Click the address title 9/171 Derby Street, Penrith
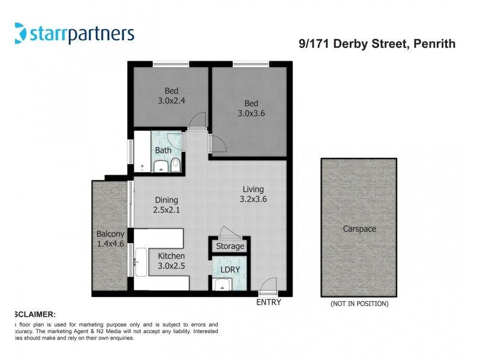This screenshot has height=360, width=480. point(377,43)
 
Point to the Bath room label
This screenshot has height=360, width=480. point(163,150)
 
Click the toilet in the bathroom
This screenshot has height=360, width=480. point(175,165)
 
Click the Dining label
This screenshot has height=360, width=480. point(167,200)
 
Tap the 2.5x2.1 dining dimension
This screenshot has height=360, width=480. point(167,210)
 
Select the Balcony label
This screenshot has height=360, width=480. point(110,234)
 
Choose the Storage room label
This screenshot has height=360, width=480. point(230,246)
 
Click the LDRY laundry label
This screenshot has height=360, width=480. point(230,269)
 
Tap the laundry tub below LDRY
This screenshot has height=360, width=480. point(223,285)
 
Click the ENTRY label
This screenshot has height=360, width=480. point(268,302)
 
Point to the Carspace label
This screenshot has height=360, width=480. point(359,229)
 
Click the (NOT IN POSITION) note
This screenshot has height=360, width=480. point(359,304)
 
